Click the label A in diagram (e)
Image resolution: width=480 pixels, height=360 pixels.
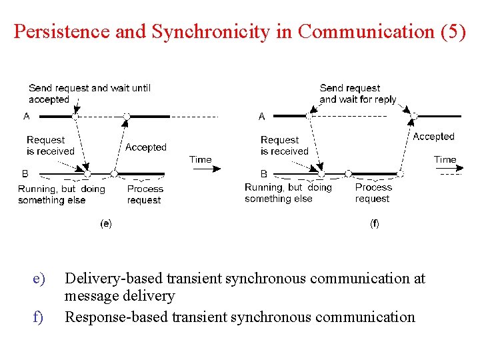pyautogui.click(x=27, y=116)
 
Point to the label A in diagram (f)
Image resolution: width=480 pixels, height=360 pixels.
pyautogui.click(x=261, y=117)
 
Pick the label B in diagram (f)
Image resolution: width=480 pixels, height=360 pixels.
pyautogui.click(x=263, y=173)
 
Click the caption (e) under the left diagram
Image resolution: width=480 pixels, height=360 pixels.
pyautogui.click(x=105, y=224)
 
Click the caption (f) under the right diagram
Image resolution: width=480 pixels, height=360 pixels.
pyautogui.click(x=374, y=224)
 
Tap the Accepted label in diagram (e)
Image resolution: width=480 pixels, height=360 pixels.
pyautogui.click(x=146, y=147)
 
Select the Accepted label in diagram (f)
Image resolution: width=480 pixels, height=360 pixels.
pyautogui.click(x=433, y=137)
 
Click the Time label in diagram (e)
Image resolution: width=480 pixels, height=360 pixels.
pyautogui.click(x=200, y=160)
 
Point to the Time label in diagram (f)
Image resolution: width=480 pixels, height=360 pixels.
pyautogui.click(x=445, y=160)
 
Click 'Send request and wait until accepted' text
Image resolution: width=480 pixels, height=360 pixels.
pyautogui.click(x=89, y=93)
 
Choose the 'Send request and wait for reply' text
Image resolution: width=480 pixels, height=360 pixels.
pyautogui.click(x=358, y=93)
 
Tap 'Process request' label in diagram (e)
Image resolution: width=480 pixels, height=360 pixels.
pyautogui.click(x=145, y=194)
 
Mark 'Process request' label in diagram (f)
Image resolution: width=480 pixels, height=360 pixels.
pyautogui.click(x=373, y=193)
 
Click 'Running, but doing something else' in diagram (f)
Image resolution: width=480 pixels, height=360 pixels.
pyautogui.click(x=287, y=193)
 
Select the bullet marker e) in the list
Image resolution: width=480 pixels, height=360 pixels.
pyautogui.click(x=38, y=278)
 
